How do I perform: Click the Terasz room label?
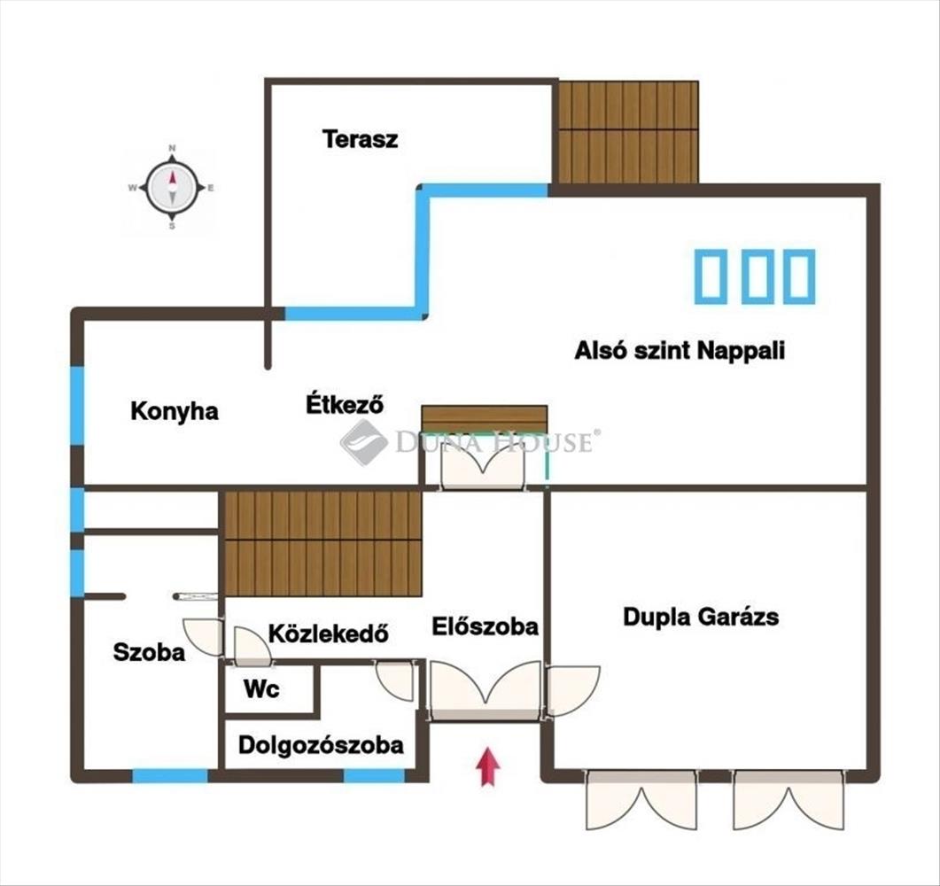pos(360,139)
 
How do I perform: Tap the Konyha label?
pos(175,411)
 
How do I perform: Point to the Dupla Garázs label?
pos(701,617)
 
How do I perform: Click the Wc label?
pos(261,689)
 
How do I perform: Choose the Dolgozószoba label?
pos(321,745)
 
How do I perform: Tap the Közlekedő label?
pos(328,633)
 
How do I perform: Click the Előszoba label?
pos(485,626)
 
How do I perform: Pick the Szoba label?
pos(149,652)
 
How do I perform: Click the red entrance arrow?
pos(488,766)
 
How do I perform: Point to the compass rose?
pos(172,188)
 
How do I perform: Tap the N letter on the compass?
pos(172,147)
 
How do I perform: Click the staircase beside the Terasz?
pos(627,132)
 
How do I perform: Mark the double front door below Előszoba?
pos(486,690)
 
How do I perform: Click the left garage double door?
pos(641,800)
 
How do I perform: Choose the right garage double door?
pos(789,800)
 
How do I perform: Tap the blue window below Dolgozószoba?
pos(374,776)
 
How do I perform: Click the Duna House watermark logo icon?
pos(364,443)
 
